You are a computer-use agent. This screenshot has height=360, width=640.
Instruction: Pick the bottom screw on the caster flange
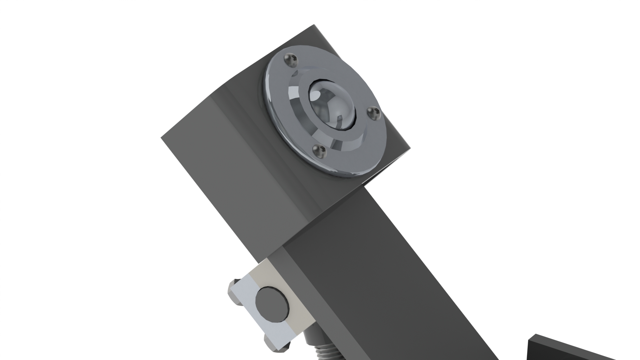tap(319, 151)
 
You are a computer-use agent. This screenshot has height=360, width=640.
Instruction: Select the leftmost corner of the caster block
tap(162, 138)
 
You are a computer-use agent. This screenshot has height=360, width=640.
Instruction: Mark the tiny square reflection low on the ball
tap(339, 118)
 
